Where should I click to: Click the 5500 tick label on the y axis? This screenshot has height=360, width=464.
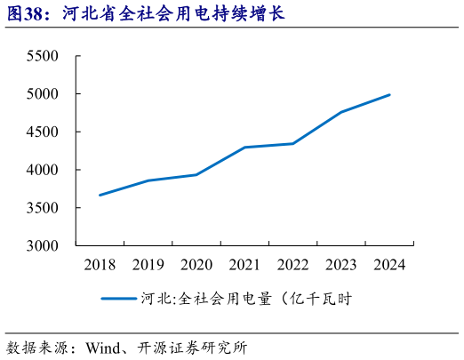(x=42, y=56)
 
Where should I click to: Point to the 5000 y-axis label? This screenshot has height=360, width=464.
(x=42, y=94)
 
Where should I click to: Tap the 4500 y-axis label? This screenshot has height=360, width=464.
(x=42, y=132)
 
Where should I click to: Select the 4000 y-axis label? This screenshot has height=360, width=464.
(x=42, y=170)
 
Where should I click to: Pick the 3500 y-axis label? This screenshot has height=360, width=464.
(x=42, y=208)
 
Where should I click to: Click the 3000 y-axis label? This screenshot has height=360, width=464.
(x=42, y=245)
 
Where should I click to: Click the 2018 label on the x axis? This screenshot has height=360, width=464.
(x=100, y=265)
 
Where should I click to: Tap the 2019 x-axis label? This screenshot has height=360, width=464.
(x=148, y=265)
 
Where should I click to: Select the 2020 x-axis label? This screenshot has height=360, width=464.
(x=196, y=265)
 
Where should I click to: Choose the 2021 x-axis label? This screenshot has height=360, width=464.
(x=244, y=265)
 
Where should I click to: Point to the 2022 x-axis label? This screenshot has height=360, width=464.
(x=292, y=265)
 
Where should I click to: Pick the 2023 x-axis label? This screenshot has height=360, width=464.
(x=341, y=265)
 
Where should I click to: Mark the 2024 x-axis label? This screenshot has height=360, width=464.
(x=389, y=265)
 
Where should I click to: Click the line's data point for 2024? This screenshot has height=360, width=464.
(x=389, y=95)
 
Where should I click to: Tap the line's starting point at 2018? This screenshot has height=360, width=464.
(x=100, y=195)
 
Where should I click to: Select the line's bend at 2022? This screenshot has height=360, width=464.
(x=292, y=144)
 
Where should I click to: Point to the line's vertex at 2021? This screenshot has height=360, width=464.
(x=244, y=148)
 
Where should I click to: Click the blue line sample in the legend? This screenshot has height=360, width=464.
(x=118, y=299)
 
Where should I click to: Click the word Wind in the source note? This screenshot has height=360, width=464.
(x=103, y=348)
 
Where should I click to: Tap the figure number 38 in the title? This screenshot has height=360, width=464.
(x=33, y=14)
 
